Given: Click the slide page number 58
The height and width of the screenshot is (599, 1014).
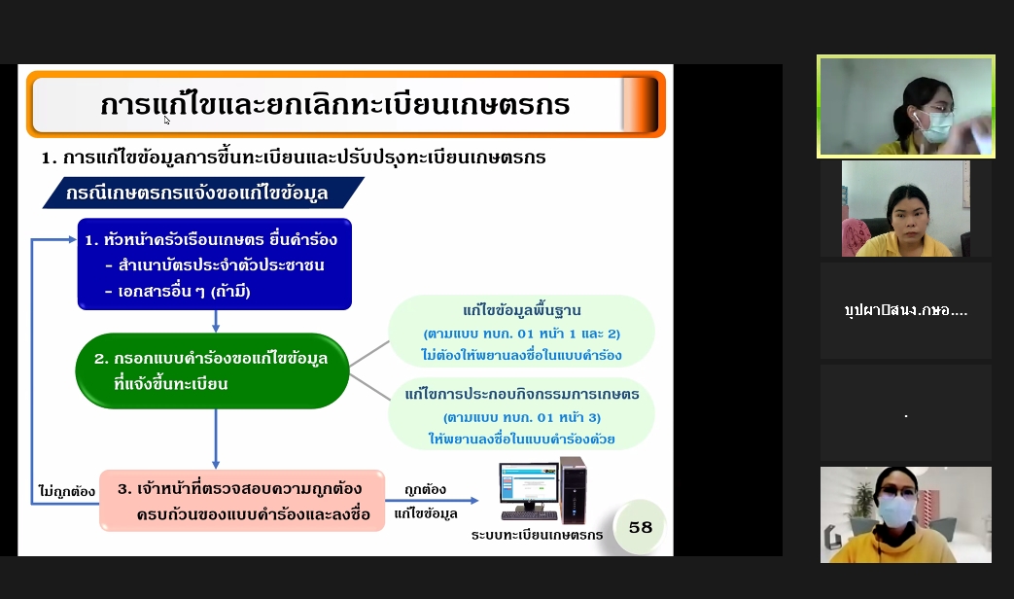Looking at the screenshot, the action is point(641,527).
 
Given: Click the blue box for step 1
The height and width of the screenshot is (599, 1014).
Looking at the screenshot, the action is point(215,264).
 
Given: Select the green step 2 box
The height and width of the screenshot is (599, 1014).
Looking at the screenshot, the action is point(213,370).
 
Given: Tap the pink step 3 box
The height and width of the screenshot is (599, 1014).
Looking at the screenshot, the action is point(242,501).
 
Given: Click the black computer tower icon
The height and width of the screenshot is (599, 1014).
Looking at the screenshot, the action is point(574,490).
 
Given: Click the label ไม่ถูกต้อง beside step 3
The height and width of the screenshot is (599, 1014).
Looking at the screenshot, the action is point(67,491).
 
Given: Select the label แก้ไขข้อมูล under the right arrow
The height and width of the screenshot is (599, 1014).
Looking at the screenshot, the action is point(426,513).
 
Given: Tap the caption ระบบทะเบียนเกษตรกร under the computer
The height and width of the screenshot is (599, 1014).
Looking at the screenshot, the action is point(537,535).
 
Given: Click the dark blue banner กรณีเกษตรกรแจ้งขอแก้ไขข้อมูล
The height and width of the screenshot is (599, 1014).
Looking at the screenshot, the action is point(203,193).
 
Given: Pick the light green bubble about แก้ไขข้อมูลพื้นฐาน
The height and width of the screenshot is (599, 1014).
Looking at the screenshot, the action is point(521,332).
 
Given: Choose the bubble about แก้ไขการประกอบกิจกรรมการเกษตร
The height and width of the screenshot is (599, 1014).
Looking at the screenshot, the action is point(521,414).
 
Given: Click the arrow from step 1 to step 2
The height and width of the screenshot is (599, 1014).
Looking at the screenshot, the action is point(216,322).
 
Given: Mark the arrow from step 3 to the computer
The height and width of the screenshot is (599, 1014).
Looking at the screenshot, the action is point(432,500).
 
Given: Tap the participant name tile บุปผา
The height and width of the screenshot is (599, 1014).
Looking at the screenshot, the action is point(906,310).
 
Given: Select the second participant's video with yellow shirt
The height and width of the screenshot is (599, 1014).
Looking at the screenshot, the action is point(906,208).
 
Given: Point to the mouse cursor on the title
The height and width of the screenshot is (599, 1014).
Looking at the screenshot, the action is point(167,120).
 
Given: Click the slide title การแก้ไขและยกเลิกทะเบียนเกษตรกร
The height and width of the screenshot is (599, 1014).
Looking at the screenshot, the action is point(335,104).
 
